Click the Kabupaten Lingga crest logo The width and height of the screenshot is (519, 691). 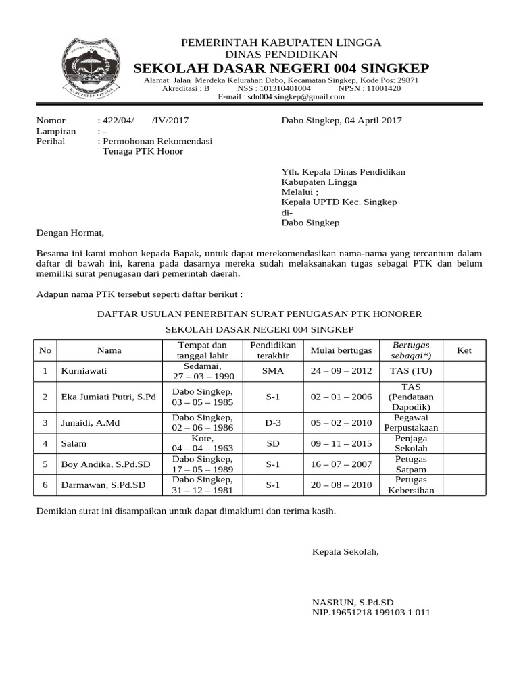[x=92, y=65]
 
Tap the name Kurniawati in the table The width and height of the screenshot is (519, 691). [x=84, y=371]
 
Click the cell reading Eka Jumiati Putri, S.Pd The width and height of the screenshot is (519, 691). [x=108, y=397]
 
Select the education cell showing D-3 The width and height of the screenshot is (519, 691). [x=273, y=422]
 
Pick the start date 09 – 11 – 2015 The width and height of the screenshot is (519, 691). [x=341, y=443]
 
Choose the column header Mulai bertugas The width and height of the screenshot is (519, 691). [x=341, y=350]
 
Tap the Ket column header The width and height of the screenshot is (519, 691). [x=464, y=350]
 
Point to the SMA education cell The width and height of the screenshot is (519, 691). [x=273, y=371]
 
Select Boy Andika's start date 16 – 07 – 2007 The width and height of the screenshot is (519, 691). [x=341, y=464]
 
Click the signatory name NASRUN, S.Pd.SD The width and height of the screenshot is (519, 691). [x=353, y=602]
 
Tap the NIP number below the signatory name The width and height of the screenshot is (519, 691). [x=371, y=613]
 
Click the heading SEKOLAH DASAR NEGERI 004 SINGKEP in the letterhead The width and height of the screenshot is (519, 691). [x=281, y=68]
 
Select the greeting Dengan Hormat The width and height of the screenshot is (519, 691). [x=70, y=233]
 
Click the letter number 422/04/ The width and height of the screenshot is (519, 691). [x=118, y=121]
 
